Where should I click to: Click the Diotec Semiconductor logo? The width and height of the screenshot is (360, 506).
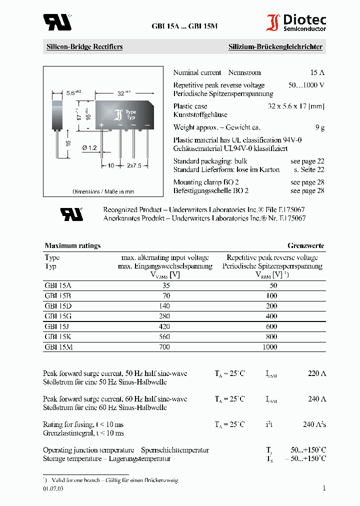coord(296,23)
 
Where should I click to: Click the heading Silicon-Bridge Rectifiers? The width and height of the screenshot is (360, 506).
coord(84,47)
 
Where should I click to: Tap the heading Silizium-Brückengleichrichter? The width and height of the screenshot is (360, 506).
coord(275,47)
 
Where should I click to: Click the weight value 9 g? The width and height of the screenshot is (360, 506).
coord(320,127)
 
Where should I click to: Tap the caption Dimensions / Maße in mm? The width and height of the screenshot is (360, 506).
coord(103,191)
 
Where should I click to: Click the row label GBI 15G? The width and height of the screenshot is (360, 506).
coord(58,316)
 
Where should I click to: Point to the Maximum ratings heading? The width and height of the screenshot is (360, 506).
coord(72,245)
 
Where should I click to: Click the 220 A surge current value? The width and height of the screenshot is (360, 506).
coord(316,373)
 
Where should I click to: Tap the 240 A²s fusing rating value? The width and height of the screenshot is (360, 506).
coord(314,424)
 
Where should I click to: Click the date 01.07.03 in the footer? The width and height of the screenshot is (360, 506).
coord(53,489)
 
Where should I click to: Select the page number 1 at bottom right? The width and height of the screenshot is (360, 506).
coord(323,488)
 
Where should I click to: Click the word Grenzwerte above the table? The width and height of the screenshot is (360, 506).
coord(305,245)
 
